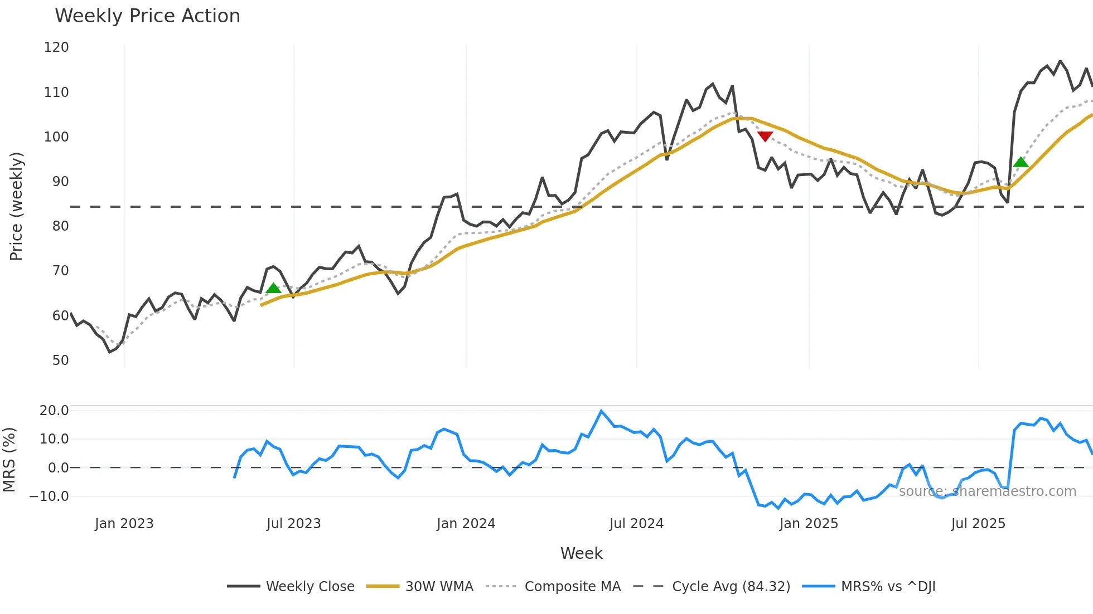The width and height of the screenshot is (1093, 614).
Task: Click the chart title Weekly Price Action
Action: (147, 16)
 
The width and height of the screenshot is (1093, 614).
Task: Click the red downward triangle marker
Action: (765, 137)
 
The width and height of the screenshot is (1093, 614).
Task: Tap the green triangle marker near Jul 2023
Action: (273, 288)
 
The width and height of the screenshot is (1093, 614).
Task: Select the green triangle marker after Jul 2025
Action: (1021, 162)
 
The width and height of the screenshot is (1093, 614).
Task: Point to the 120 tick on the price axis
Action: (56, 47)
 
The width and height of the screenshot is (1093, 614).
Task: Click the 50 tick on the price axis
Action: (60, 360)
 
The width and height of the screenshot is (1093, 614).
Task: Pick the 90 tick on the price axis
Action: (60, 182)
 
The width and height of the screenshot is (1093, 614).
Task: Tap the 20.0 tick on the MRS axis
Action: (54, 411)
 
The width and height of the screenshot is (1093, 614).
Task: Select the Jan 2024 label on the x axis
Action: (466, 524)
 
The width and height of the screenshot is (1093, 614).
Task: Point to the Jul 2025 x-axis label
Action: (978, 524)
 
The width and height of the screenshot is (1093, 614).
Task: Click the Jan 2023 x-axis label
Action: (124, 524)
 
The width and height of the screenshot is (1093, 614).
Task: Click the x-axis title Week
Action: (581, 553)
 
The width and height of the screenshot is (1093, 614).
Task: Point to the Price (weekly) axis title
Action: (16, 206)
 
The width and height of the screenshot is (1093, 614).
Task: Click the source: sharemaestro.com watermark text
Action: (987, 491)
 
